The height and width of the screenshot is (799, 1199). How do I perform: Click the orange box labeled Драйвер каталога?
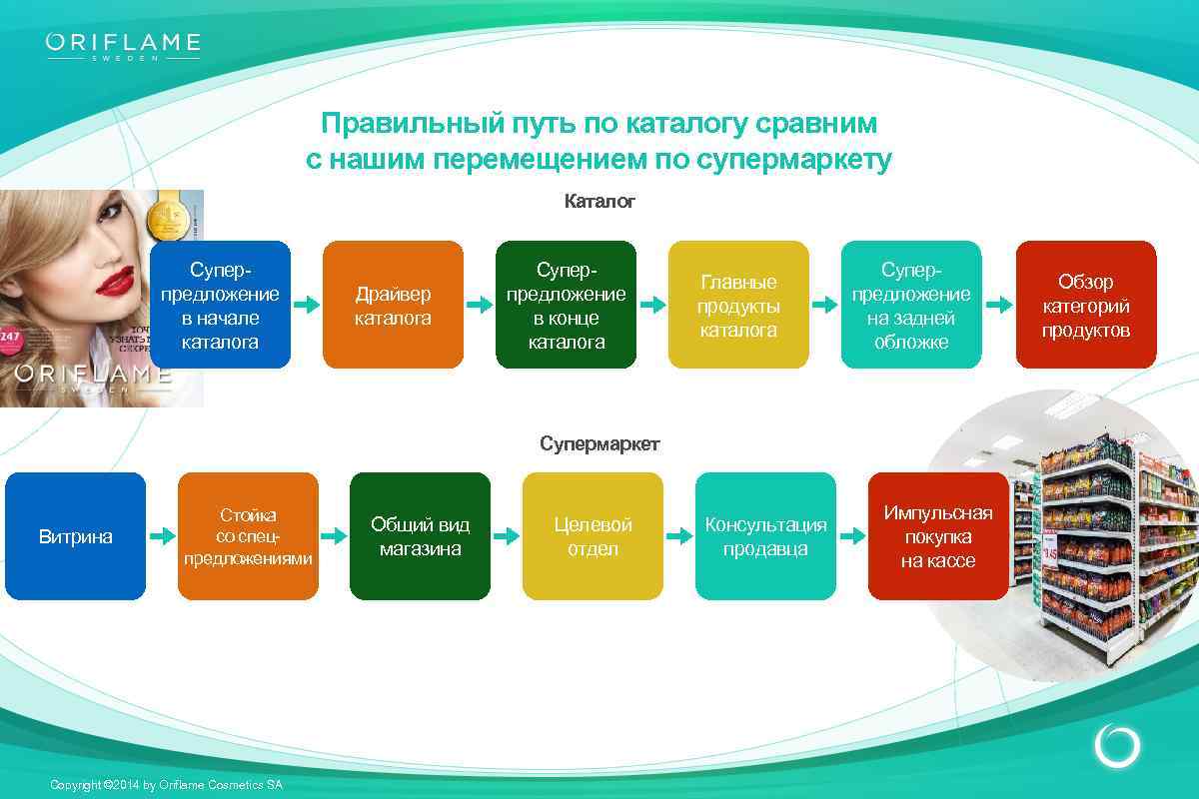coord(393,305)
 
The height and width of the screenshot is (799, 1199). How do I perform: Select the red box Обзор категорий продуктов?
coord(1085,305)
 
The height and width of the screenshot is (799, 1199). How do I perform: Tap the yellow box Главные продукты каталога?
coord(738,305)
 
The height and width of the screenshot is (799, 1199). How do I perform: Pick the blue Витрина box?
coord(76,536)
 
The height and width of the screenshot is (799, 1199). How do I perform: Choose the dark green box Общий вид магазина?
coord(420,536)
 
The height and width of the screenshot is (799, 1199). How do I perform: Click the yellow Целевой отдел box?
coord(593,536)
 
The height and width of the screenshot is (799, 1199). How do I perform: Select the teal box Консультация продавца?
coord(765,536)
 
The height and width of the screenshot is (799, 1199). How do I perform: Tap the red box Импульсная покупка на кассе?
coord(938,536)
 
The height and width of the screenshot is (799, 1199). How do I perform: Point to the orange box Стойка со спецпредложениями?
coord(248,536)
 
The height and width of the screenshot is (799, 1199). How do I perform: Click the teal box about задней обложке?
coord(911,305)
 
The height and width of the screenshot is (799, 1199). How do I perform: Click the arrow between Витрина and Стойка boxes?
coord(162,537)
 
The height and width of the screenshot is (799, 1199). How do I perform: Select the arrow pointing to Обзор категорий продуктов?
coord(998,306)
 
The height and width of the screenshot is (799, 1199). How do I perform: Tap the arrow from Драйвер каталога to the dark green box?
coord(480,306)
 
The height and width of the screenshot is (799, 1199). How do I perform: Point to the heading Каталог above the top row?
coord(599,202)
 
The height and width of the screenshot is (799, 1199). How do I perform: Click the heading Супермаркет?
coord(599,443)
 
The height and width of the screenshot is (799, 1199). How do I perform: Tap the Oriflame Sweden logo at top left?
coord(123,46)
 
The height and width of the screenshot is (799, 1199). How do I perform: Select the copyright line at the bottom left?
coord(166,785)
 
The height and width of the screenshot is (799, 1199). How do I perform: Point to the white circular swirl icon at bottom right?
coord(1117,746)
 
